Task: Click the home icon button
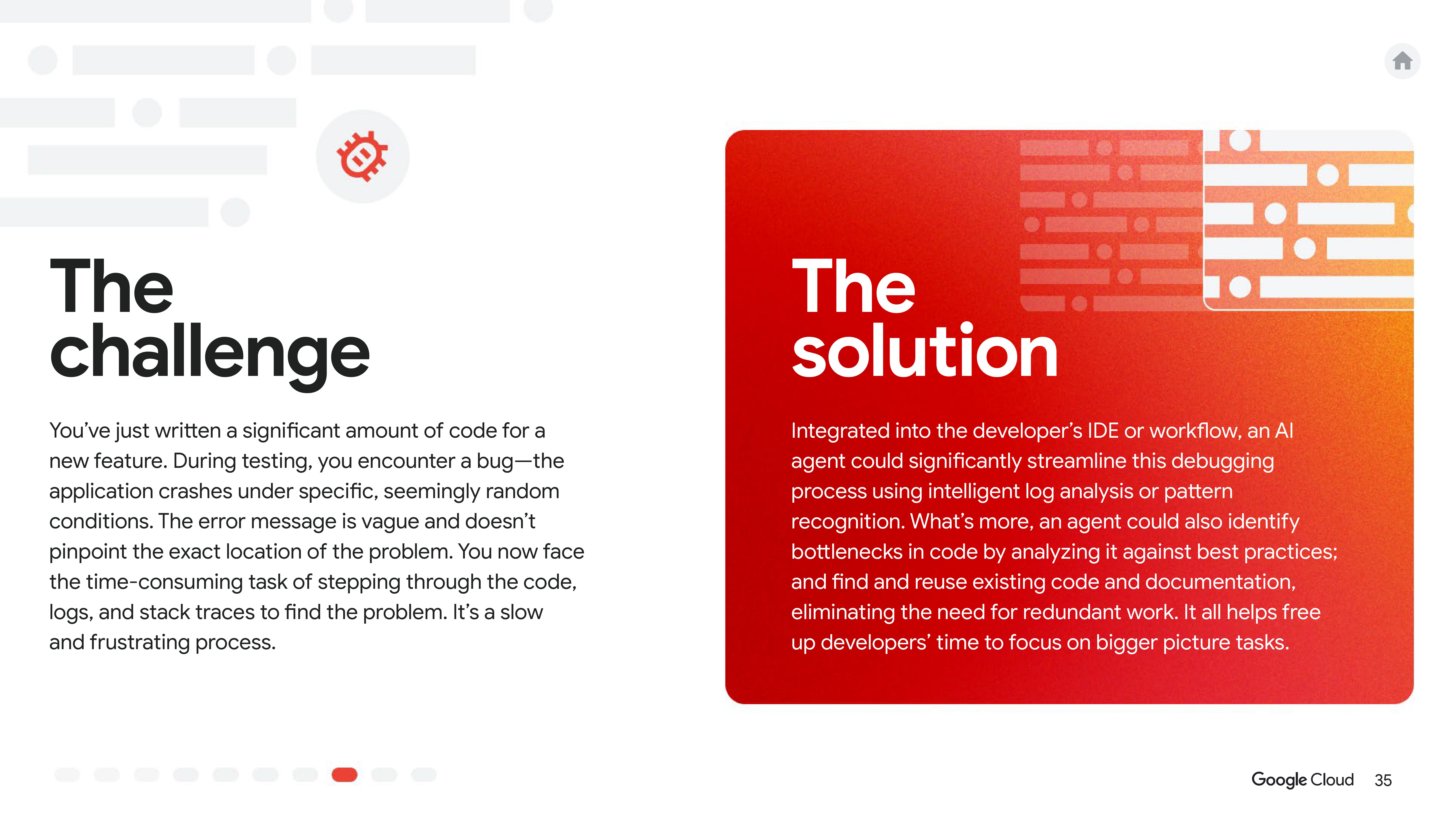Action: pyautogui.click(x=1402, y=61)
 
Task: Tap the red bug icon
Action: pyautogui.click(x=362, y=156)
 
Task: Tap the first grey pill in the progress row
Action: pyautogui.click(x=67, y=775)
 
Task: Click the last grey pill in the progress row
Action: pyautogui.click(x=424, y=775)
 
